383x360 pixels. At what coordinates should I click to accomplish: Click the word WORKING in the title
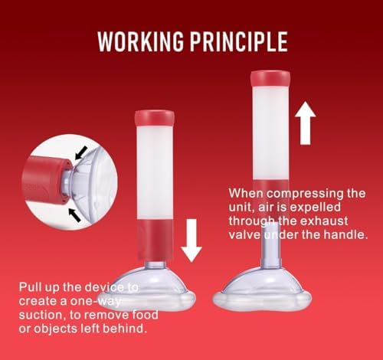[141, 41]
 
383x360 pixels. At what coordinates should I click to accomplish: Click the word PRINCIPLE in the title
[239, 41]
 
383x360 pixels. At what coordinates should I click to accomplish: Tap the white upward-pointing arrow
[306, 123]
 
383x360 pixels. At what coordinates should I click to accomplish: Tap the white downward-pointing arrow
[191, 241]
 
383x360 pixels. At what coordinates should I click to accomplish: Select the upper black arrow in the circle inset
[81, 153]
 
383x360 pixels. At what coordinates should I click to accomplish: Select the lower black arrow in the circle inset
[75, 214]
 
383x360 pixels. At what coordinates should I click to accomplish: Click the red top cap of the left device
[155, 118]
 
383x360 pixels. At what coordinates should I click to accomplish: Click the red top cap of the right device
[270, 79]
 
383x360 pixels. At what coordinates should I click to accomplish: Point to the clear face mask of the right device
[263, 289]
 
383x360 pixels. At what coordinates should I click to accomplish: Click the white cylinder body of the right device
[270, 133]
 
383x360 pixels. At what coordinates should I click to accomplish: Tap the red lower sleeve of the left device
[155, 240]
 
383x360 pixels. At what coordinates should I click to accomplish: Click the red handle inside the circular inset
[46, 180]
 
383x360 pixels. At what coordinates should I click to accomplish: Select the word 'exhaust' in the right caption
[323, 221]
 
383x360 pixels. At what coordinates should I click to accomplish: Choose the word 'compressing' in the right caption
[305, 194]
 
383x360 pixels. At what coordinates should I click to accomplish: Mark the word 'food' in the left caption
[145, 315]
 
